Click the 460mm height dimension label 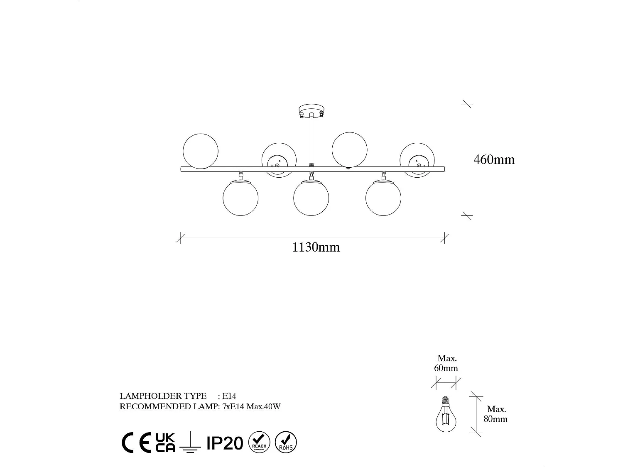[x=494, y=160]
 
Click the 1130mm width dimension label [x=316, y=247]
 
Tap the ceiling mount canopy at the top [x=311, y=111]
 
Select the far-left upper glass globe [x=201, y=151]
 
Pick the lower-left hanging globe [x=240, y=198]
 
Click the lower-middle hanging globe [x=311, y=198]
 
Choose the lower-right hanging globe [x=383, y=198]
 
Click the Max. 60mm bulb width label [x=446, y=363]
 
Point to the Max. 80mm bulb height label [x=495, y=414]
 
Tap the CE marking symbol [x=136, y=443]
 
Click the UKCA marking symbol [x=165, y=443]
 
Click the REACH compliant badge [x=259, y=442]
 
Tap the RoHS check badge [x=286, y=442]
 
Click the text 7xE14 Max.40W [x=252, y=406]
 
